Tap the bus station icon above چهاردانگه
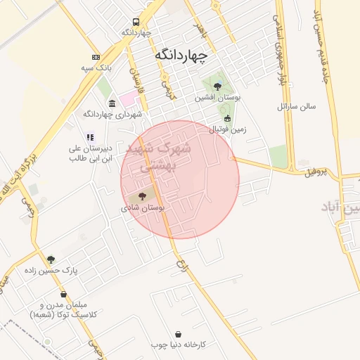click(x=136, y=22)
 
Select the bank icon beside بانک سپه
click(x=96, y=57)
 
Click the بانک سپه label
click(x=96, y=68)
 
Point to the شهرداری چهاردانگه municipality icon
click(x=112, y=103)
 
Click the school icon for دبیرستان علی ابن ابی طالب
click(x=89, y=137)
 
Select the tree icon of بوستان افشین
click(x=217, y=86)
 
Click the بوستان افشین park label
click(x=218, y=98)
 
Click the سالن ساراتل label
click(x=297, y=108)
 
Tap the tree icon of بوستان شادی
click(x=143, y=196)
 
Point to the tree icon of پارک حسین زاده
click(x=50, y=259)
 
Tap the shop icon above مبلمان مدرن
click(x=64, y=295)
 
